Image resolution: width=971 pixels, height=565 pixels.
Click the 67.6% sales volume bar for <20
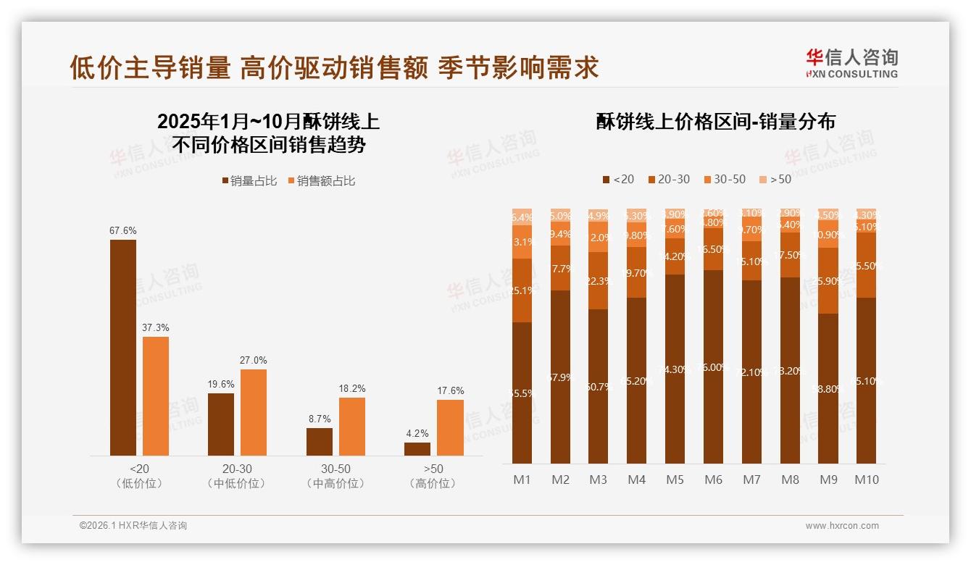(x=123, y=348)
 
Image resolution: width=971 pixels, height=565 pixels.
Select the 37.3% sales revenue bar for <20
(x=156, y=396)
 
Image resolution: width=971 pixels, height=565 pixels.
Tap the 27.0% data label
(x=254, y=360)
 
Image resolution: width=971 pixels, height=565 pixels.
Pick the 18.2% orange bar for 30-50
(x=352, y=427)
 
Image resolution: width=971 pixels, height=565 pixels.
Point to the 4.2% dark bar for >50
(x=417, y=449)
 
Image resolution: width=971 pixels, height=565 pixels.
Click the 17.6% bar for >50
(x=450, y=427)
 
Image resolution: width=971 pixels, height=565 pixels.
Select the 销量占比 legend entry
(x=250, y=181)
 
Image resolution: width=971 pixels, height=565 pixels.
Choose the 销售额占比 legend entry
(x=322, y=181)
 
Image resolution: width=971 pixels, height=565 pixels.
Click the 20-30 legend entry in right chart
(x=669, y=179)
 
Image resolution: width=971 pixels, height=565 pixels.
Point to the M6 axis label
(x=714, y=480)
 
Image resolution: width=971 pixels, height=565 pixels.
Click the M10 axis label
(x=866, y=480)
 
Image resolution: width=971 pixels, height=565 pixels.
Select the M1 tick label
(x=522, y=480)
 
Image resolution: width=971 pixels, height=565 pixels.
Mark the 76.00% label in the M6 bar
(x=714, y=367)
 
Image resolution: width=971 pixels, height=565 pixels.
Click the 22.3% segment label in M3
(x=599, y=281)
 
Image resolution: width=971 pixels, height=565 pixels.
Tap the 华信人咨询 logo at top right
(x=851, y=62)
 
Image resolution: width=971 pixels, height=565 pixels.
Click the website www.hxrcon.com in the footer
(x=842, y=526)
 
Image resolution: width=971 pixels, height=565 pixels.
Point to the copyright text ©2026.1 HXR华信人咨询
(x=133, y=526)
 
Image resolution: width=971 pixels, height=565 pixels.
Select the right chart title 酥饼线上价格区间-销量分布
(x=715, y=122)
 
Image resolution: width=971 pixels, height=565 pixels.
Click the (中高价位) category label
(x=336, y=484)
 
